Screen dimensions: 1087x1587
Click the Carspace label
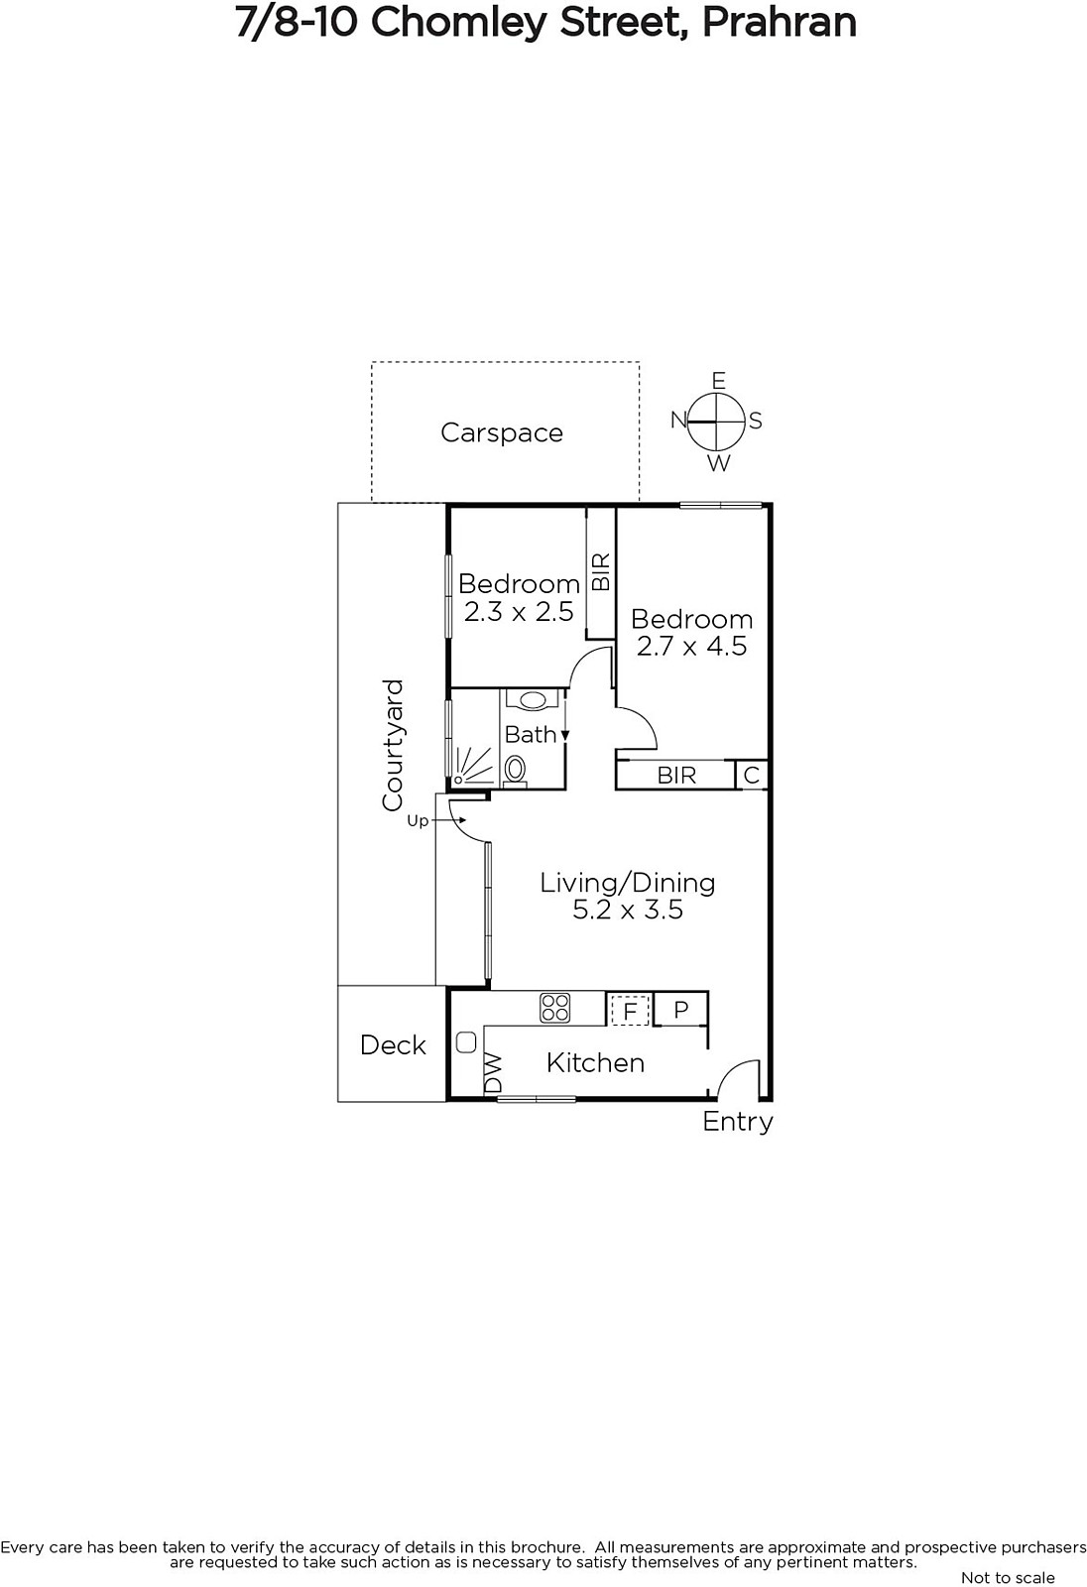(x=502, y=432)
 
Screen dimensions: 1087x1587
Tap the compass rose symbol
(x=717, y=423)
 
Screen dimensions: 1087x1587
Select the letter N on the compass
(x=678, y=421)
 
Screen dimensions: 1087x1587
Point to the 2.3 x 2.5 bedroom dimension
(x=519, y=611)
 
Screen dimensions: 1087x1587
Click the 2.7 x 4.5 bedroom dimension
(x=691, y=646)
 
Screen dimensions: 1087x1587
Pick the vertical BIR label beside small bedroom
(x=601, y=572)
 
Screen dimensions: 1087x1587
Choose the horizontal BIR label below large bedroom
(x=676, y=775)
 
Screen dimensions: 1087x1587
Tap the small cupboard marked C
(x=751, y=775)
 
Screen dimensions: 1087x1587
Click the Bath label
(x=530, y=735)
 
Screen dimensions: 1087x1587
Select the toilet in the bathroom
(x=515, y=771)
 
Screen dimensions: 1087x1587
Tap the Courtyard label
(x=393, y=745)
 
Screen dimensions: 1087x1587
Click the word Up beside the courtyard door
(x=418, y=821)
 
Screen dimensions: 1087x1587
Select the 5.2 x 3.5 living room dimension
(x=628, y=909)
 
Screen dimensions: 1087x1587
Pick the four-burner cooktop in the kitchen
(x=554, y=1008)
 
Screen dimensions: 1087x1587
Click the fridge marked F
(x=629, y=1011)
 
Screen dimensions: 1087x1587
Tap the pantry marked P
(x=680, y=1009)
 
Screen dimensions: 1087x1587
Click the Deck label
(x=393, y=1045)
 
